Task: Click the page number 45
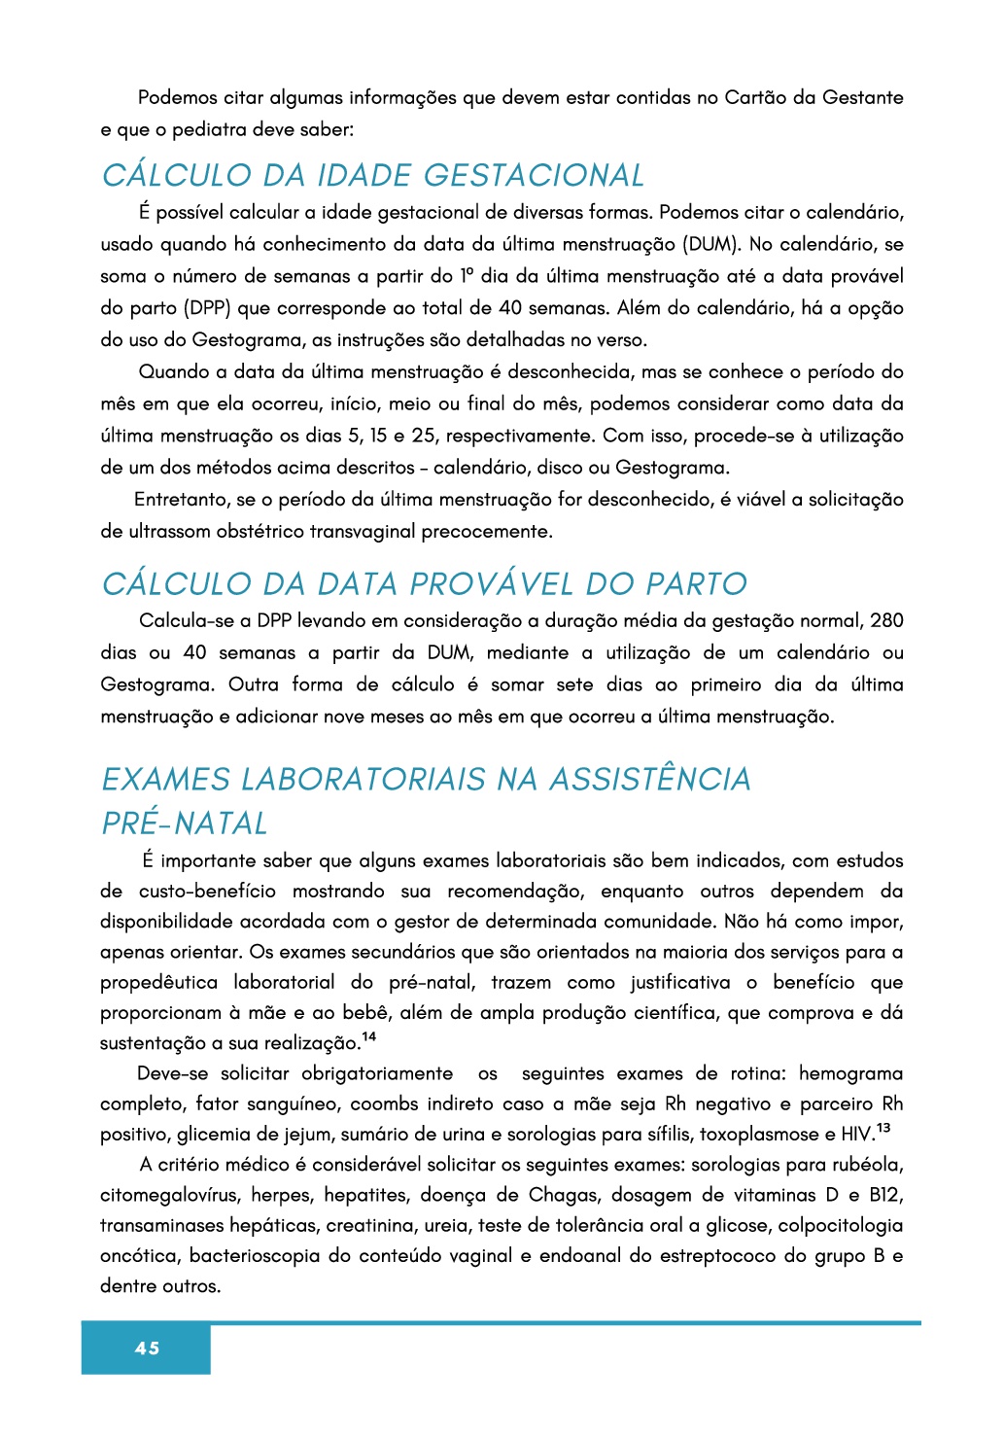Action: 148,1348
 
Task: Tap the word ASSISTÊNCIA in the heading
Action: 649,779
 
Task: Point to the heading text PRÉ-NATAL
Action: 185,823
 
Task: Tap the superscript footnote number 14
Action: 369,1037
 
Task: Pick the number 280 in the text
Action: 886,620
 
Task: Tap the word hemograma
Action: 850,1073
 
